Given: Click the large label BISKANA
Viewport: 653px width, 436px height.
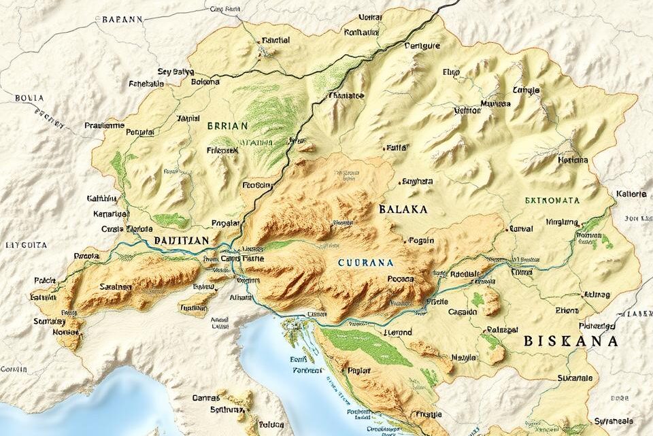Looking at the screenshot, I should click(x=571, y=341).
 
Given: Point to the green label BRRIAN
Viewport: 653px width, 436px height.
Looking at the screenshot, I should click(x=229, y=125).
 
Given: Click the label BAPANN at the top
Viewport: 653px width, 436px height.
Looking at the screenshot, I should click(x=122, y=20).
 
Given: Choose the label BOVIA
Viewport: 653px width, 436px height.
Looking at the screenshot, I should click(x=29, y=98).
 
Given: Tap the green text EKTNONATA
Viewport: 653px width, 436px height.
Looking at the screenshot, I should click(x=552, y=201).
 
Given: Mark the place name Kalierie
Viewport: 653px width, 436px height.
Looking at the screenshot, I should click(x=631, y=194).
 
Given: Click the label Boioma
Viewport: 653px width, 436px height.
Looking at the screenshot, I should click(x=206, y=82).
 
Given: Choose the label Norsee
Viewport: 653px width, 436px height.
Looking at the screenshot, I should click(x=66, y=333).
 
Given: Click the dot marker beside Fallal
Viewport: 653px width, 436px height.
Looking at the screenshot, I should click(x=385, y=147).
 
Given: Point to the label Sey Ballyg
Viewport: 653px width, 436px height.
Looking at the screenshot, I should click(x=175, y=71).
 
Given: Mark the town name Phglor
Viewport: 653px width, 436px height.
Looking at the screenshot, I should click(x=358, y=371).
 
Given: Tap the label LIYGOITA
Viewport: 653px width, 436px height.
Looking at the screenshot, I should click(x=27, y=244).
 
